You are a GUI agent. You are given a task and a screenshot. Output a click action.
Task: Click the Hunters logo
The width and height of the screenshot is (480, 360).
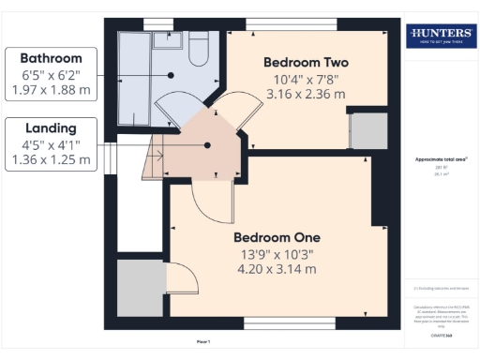tap(440, 36)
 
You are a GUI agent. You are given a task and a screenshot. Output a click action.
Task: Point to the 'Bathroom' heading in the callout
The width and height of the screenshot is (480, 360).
tap(52, 58)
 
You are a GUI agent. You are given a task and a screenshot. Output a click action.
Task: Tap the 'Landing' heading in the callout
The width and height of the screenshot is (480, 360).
tap(52, 127)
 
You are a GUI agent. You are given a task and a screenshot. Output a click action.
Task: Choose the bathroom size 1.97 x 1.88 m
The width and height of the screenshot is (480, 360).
tap(52, 91)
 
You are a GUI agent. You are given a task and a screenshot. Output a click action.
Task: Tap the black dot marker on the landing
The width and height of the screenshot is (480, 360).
tap(209, 144)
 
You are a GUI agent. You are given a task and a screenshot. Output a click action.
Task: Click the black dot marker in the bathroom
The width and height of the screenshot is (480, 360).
tap(171, 74)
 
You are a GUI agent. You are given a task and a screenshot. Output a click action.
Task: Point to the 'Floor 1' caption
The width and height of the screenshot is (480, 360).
tap(204, 341)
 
